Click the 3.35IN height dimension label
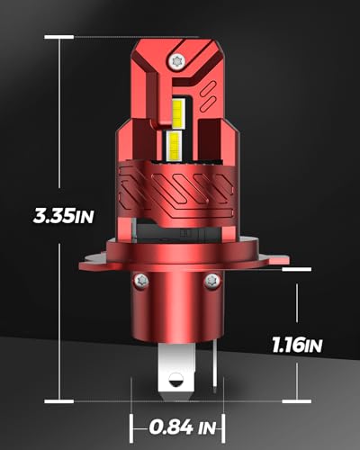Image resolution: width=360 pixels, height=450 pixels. pyautogui.click(x=63, y=215)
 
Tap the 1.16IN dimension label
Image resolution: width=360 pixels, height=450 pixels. pyautogui.click(x=297, y=345)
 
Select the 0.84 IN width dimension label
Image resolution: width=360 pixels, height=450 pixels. pyautogui.click(x=183, y=427)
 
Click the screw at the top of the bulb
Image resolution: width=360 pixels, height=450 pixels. pyautogui.click(x=177, y=62)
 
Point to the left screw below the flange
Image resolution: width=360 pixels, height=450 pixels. pyautogui.click(x=141, y=281)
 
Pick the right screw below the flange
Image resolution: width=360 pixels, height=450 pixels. pyautogui.click(x=212, y=281)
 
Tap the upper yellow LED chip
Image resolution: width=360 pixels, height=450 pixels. pyautogui.click(x=178, y=114)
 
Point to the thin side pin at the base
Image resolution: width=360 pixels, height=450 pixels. pyautogui.click(x=214, y=368)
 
